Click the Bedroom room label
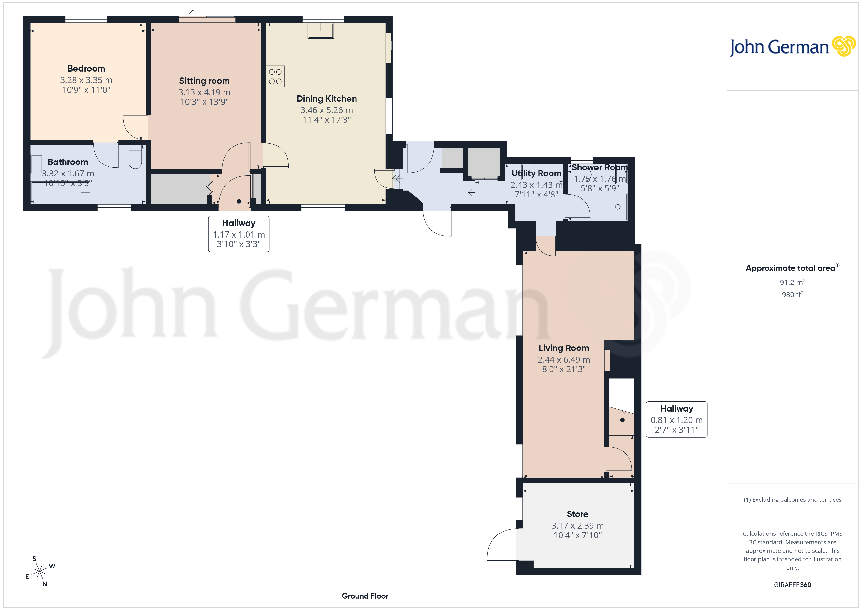point(86,69)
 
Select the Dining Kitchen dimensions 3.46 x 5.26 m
point(326,110)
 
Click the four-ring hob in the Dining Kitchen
point(275,77)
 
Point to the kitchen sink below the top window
point(320,31)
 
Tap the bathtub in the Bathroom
point(60,192)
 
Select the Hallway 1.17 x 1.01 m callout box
point(239,234)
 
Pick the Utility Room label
point(536,173)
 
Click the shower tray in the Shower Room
point(614,207)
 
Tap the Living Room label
point(563,348)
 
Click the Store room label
point(577,514)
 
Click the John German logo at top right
point(792,47)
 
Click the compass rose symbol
point(39,572)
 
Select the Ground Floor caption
point(365,596)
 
